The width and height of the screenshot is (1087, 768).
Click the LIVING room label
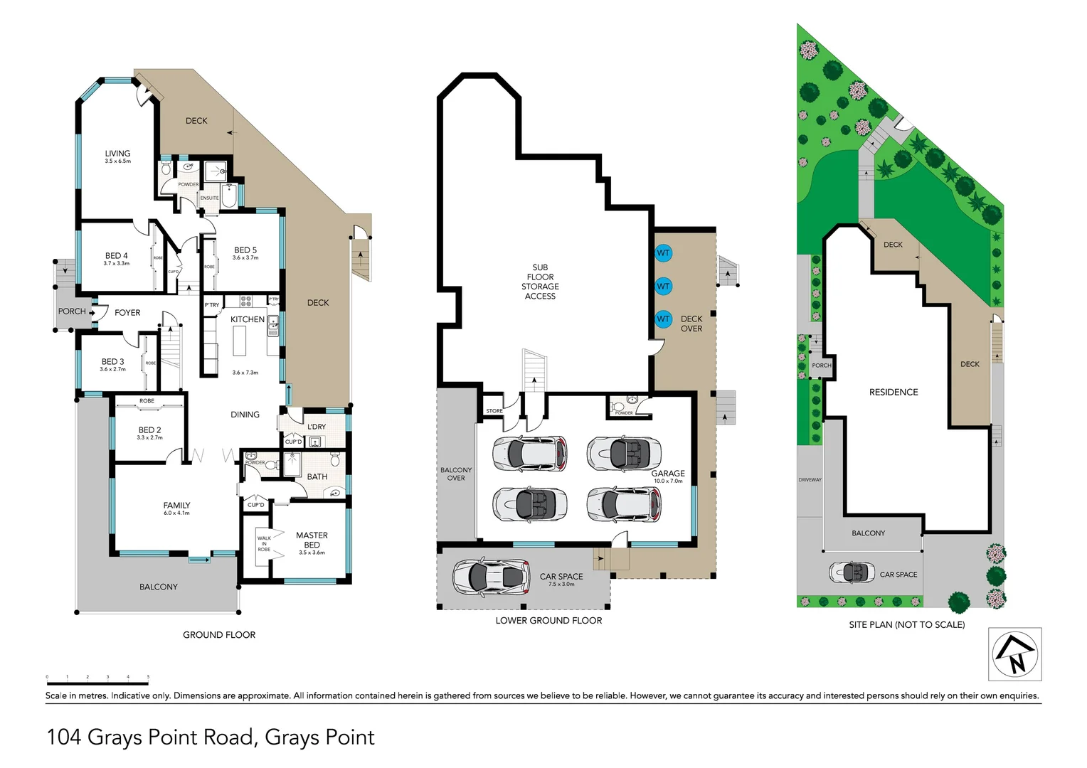point(117,154)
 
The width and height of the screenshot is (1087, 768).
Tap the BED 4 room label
point(117,256)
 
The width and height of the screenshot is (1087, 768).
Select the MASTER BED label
point(312,540)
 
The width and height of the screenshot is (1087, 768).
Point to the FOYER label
point(127,312)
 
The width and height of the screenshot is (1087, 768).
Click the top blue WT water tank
point(663,253)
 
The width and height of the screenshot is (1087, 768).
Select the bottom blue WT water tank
point(663,319)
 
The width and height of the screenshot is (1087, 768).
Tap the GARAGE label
point(668,474)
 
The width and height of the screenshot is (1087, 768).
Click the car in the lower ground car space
point(492,577)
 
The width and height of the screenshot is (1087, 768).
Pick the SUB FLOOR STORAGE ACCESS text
point(540,282)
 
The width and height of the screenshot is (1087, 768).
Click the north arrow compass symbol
point(1015,654)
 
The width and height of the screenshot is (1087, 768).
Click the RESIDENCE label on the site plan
point(894,393)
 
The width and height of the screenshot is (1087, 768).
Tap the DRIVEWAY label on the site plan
point(810,480)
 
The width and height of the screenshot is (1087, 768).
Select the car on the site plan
point(852,572)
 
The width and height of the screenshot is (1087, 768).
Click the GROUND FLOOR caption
point(219,635)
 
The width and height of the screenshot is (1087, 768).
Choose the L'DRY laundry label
point(317,427)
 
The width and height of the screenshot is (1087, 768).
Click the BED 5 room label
point(245,250)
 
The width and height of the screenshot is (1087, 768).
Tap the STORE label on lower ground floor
point(494,411)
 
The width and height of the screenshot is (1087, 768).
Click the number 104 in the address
point(63,737)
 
